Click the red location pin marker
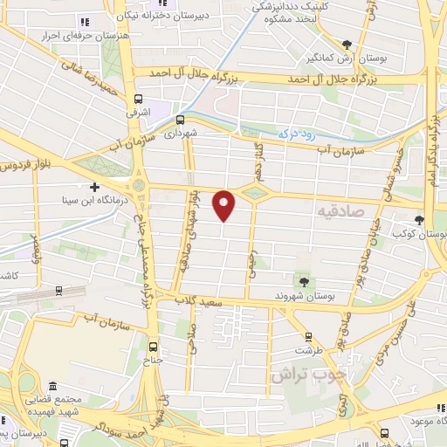pos(224,204)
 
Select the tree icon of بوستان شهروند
pos(303,281)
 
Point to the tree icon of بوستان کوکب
pos(420,219)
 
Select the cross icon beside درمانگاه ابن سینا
pos(94,186)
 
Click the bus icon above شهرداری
pos(180,120)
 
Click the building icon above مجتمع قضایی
pos(53,387)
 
